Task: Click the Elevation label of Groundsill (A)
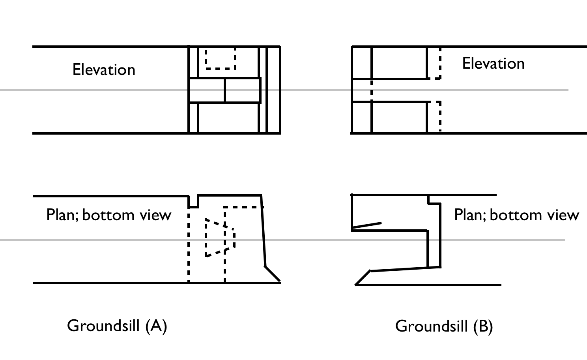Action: (x=104, y=69)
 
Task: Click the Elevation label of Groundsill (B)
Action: (x=493, y=64)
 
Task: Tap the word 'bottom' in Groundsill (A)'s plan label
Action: (x=108, y=215)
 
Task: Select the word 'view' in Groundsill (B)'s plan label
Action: (x=563, y=215)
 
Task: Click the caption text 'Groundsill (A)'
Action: (x=117, y=326)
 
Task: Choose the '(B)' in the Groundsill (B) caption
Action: (x=483, y=326)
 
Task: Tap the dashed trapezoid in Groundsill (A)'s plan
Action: (x=220, y=238)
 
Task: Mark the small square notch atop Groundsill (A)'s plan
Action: (x=193, y=201)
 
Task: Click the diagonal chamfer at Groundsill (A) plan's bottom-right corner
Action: (x=273, y=274)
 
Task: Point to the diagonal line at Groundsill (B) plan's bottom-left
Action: (x=363, y=277)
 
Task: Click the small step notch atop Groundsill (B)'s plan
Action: (x=434, y=199)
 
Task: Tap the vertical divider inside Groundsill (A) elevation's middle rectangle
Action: (x=225, y=90)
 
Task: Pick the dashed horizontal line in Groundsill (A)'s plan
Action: (x=243, y=207)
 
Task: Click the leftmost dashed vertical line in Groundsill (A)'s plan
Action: (x=189, y=245)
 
